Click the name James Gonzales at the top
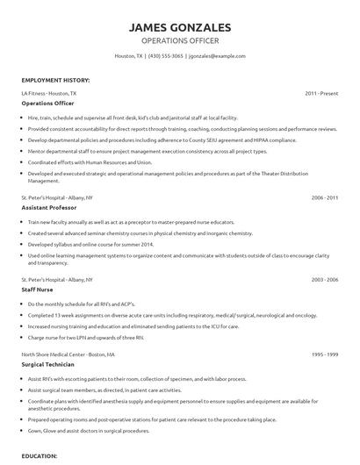179,27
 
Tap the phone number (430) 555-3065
165,56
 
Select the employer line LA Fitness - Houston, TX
49,92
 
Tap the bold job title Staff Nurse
38,290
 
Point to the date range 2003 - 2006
324,279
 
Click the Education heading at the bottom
40,457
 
